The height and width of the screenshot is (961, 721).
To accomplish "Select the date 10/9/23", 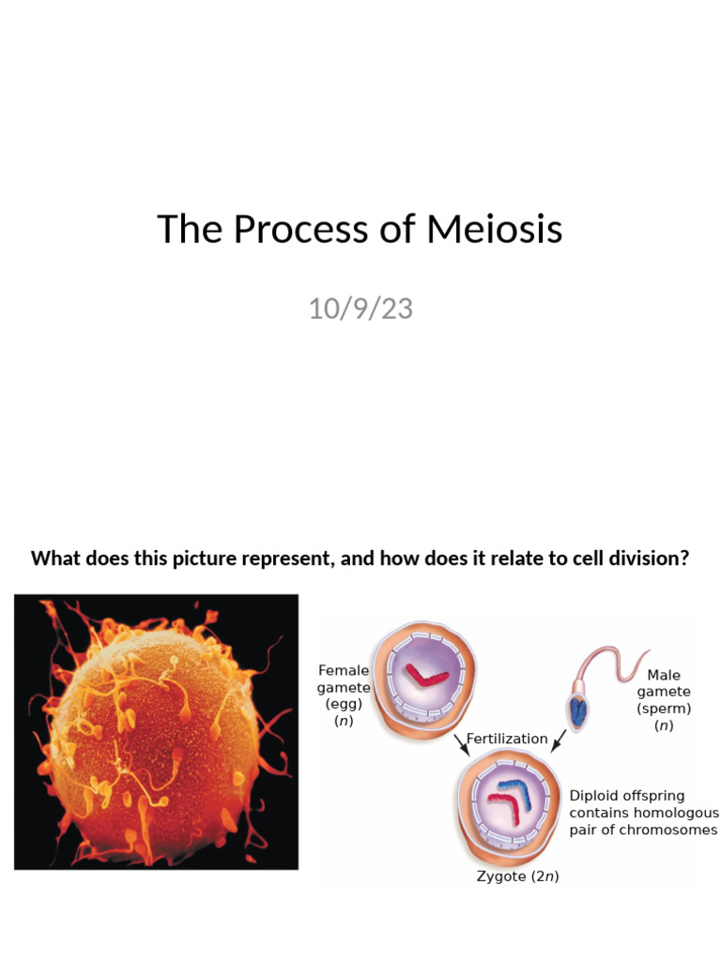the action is tap(360, 308).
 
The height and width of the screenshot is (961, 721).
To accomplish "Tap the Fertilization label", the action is tap(507, 739).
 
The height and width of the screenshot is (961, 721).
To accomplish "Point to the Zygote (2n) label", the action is tap(512, 877).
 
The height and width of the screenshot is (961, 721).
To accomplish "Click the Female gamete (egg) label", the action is tap(345, 695).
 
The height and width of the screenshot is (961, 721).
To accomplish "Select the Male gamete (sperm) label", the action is tap(664, 700).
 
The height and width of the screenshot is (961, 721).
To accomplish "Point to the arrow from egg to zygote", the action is tap(461, 744).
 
